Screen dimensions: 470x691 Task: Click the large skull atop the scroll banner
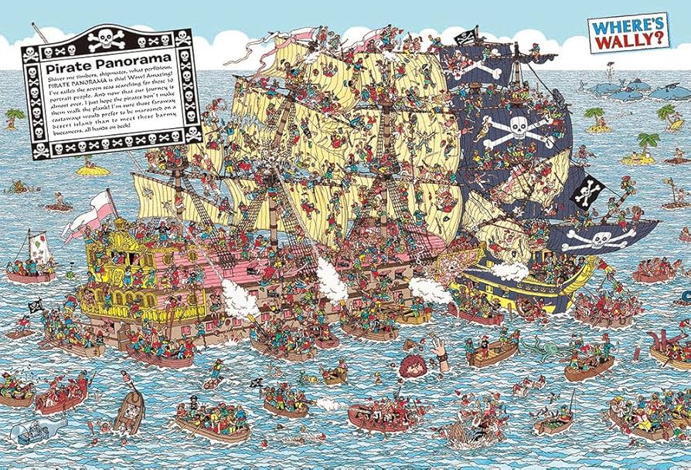107,36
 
